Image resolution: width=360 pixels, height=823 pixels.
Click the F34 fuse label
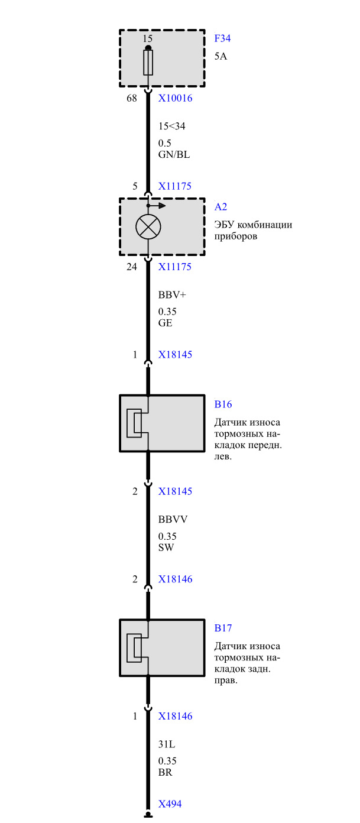pyautogui.click(x=222, y=39)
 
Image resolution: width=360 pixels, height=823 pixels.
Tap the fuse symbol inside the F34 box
pyautogui.click(x=148, y=62)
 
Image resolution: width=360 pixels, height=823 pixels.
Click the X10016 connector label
pyautogui.click(x=175, y=99)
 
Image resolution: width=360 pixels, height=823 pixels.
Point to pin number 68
pyautogui.click(x=132, y=99)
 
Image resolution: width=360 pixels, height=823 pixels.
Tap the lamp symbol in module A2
pyautogui.click(x=148, y=226)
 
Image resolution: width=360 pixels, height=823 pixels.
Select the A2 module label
pyautogui.click(x=220, y=207)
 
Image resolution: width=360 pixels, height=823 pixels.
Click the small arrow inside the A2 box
pyautogui.click(x=158, y=206)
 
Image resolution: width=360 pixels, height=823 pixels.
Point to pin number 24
pyautogui.click(x=132, y=267)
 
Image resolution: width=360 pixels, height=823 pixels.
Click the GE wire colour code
pyautogui.click(x=165, y=323)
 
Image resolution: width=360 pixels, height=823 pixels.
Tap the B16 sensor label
pyautogui.click(x=223, y=405)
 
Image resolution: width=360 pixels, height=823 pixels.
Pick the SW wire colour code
pyautogui.click(x=166, y=547)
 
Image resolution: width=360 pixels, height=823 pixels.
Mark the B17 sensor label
pyautogui.click(x=223, y=628)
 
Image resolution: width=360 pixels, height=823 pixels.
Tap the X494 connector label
pyautogui.click(x=170, y=804)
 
